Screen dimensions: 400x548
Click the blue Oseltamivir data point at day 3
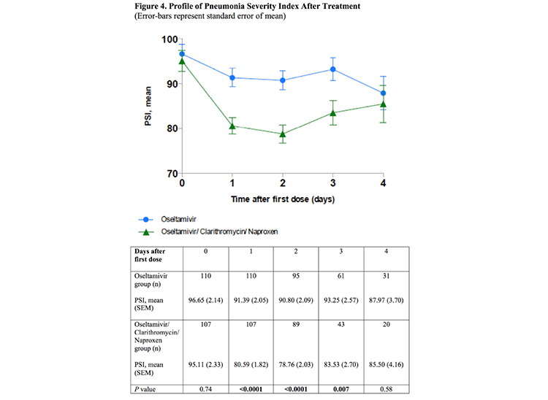point(333,69)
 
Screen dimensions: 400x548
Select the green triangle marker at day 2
point(283,134)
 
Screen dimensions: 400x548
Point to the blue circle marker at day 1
point(232,77)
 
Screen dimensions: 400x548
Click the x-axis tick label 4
point(383,182)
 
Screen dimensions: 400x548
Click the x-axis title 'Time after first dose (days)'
point(282,198)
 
